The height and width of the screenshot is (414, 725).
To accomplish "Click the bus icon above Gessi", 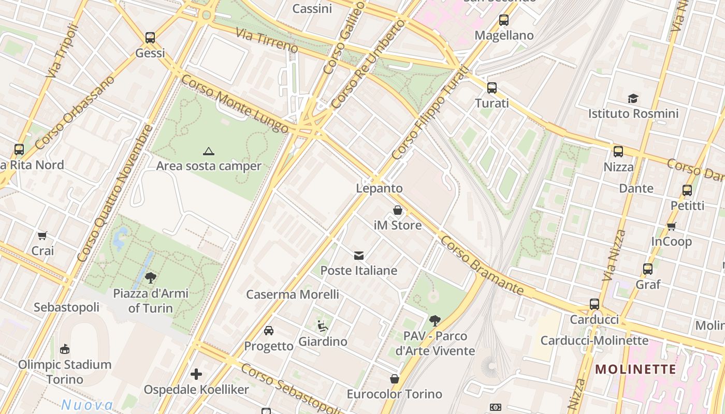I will click(150, 38).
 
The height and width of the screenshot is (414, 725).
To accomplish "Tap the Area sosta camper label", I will click(209, 166).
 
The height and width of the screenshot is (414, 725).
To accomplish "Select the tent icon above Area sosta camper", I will click(209, 151).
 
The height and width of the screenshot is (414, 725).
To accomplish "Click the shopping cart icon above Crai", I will click(42, 235).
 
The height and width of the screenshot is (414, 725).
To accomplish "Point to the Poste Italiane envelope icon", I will click(358, 255).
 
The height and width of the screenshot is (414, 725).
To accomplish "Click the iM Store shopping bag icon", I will click(398, 210).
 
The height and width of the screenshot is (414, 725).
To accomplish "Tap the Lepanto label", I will click(379, 188).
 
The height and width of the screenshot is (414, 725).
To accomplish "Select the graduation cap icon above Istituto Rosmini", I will click(633, 98).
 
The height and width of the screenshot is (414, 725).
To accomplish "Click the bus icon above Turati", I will click(492, 88).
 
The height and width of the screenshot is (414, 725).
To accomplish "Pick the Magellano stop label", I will click(504, 35).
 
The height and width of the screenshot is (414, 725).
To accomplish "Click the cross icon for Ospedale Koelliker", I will click(196, 374).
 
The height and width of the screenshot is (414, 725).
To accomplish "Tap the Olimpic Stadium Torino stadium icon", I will click(65, 349).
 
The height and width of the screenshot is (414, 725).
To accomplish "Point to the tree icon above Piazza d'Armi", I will click(151, 278).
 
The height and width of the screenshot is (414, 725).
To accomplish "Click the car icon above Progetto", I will click(269, 330).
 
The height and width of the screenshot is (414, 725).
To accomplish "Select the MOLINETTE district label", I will click(635, 369).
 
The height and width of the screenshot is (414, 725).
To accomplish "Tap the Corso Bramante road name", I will click(482, 266).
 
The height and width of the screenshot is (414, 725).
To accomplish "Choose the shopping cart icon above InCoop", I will click(672, 226).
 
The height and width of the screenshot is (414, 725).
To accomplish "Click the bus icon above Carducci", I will click(594, 304).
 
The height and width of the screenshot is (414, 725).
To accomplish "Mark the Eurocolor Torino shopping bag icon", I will click(395, 379).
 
